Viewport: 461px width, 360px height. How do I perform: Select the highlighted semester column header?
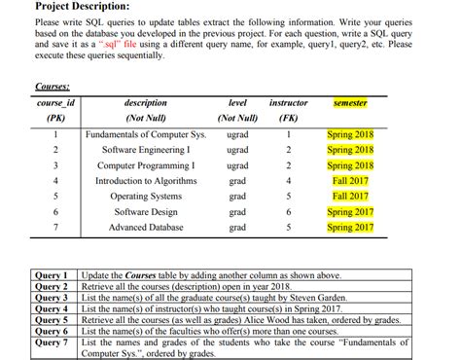coord(350,103)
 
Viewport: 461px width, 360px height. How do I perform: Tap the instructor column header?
coord(288,103)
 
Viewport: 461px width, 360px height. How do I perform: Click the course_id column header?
coord(55,103)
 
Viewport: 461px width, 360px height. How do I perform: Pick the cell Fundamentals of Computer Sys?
coord(146,134)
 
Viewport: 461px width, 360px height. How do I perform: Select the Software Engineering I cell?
coord(146,150)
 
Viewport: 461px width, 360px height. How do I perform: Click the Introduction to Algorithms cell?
coord(146,181)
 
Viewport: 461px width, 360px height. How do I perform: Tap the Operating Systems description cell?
coord(146,197)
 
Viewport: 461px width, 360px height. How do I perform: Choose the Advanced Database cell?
coord(146,228)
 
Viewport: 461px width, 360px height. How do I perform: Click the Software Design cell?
coord(146,212)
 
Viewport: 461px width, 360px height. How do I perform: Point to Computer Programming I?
coord(146,165)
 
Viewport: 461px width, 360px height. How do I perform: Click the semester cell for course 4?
coord(350,181)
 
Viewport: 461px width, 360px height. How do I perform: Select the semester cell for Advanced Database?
coord(350,228)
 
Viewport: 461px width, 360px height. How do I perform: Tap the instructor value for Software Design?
coord(288,212)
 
